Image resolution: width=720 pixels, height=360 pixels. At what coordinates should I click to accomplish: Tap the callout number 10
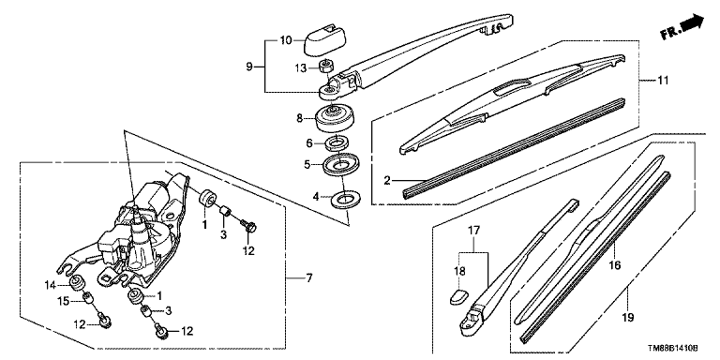coord(286,40)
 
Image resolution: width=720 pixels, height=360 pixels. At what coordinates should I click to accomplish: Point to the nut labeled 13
coord(325,67)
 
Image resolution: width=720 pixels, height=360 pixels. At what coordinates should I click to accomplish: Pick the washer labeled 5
coord(340,165)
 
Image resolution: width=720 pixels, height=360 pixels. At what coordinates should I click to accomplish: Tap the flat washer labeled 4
coord(346,199)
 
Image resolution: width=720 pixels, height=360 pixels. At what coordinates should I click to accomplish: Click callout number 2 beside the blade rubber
coord(387,180)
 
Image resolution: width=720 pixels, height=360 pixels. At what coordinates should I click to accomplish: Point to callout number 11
coord(663,81)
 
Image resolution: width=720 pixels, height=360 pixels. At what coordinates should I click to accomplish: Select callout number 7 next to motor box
coord(309,277)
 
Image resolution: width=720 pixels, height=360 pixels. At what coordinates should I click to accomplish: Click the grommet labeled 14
coord(76,284)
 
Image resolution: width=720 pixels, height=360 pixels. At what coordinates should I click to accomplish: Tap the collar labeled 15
coord(87,301)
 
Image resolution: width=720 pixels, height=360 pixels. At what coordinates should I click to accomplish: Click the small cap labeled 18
coord(457,296)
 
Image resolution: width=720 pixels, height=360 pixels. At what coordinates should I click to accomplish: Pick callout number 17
coord(473,230)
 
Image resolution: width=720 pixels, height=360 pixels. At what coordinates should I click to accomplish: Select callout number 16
coord(615,265)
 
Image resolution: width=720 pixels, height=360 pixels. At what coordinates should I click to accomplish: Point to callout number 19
coord(628,317)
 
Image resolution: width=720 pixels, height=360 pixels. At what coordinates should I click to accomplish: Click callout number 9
coord(249,67)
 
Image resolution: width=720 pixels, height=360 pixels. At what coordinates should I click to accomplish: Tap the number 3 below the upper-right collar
coord(224,235)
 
